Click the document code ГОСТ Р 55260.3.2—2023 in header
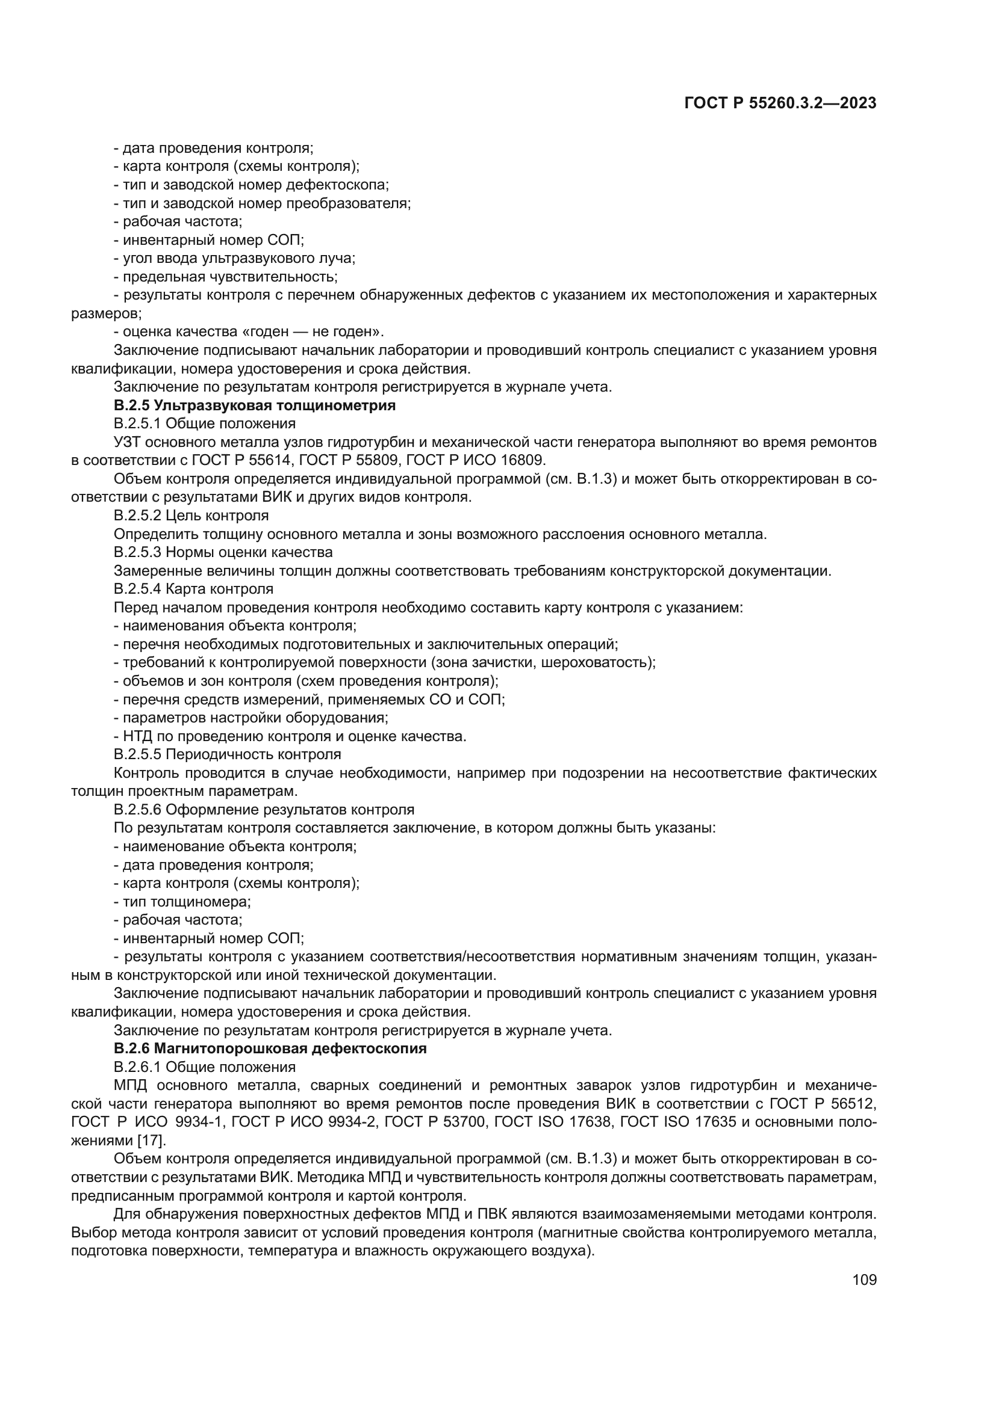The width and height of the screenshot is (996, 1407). click(x=780, y=103)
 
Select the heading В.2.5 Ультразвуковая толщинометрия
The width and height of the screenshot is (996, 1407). click(x=255, y=405)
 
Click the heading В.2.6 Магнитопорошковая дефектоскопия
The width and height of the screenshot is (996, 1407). click(x=270, y=1048)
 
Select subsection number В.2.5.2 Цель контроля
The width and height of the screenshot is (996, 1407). click(x=191, y=516)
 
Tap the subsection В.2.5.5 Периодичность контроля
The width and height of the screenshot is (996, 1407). click(x=227, y=754)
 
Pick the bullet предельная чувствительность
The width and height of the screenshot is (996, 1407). click(x=226, y=276)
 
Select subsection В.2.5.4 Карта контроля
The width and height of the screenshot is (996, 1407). click(x=193, y=589)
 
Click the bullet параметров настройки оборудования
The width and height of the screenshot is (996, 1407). click(x=252, y=718)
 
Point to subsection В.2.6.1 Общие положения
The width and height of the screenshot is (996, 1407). click(x=204, y=1067)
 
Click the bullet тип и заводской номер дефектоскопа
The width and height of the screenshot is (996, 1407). click(x=252, y=185)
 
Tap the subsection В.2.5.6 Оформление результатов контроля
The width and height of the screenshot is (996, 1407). click(x=264, y=810)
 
